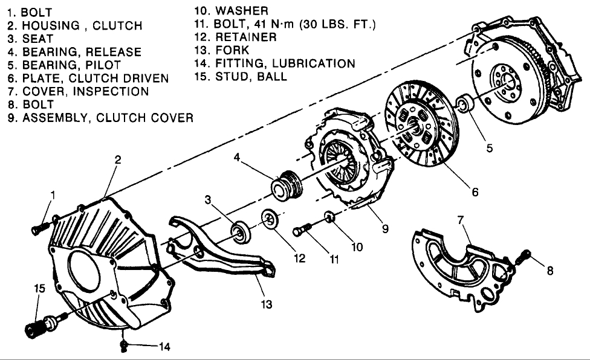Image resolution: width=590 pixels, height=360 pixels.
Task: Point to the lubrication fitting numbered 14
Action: point(124,346)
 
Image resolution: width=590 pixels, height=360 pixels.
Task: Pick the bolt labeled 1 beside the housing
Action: point(39,227)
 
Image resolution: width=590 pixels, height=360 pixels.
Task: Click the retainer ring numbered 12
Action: point(269,219)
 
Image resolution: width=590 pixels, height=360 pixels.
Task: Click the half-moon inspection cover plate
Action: point(459,266)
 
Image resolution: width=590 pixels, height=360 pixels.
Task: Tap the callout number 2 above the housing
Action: point(118,160)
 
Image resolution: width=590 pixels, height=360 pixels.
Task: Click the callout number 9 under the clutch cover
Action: point(384,229)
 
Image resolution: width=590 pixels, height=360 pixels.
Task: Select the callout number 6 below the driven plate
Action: point(475,192)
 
